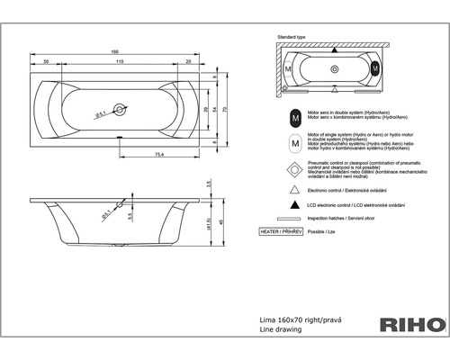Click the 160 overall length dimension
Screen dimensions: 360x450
[x=115, y=51]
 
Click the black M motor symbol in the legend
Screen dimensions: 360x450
[x=294, y=118]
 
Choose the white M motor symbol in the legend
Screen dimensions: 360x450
[x=294, y=142]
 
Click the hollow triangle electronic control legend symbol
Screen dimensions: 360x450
[x=294, y=192]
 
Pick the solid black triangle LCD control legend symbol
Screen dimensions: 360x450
[x=294, y=206]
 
